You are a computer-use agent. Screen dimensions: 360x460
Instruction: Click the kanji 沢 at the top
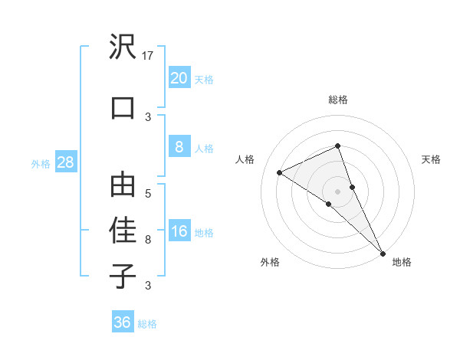pyautogui.click(x=123, y=48)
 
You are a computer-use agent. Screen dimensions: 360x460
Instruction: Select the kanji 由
pyautogui.click(x=123, y=186)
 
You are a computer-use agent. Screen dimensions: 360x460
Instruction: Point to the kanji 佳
pyautogui.click(x=123, y=231)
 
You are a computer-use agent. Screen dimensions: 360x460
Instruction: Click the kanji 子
pyautogui.click(x=123, y=276)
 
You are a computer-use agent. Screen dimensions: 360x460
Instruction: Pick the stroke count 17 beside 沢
pyautogui.click(x=149, y=56)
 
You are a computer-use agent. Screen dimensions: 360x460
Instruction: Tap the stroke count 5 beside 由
pyautogui.click(x=149, y=194)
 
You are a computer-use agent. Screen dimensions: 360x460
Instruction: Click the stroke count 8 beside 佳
pyautogui.click(x=149, y=240)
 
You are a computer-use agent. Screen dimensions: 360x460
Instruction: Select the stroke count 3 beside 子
pyautogui.click(x=149, y=286)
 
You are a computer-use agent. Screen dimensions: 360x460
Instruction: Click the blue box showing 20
pyautogui.click(x=179, y=78)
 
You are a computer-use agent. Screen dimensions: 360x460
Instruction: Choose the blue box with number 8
pyautogui.click(x=179, y=148)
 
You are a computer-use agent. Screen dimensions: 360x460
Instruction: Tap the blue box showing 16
pyautogui.click(x=179, y=232)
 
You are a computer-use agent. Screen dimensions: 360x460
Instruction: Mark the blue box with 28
pyautogui.click(x=65, y=162)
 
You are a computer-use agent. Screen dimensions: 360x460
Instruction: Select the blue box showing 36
pyautogui.click(x=123, y=322)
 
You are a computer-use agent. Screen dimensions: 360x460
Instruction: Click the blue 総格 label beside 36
pyautogui.click(x=147, y=324)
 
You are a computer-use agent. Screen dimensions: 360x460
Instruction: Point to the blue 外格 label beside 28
pyautogui.click(x=41, y=163)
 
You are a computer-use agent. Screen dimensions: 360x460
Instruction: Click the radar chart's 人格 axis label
pyautogui.click(x=245, y=159)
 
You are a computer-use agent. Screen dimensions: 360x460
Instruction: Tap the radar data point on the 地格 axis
pyautogui.click(x=382, y=252)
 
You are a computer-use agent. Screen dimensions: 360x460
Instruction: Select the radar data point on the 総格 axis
pyautogui.click(x=337, y=146)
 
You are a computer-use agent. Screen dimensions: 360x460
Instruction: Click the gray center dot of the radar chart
pyautogui.click(x=337, y=191)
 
